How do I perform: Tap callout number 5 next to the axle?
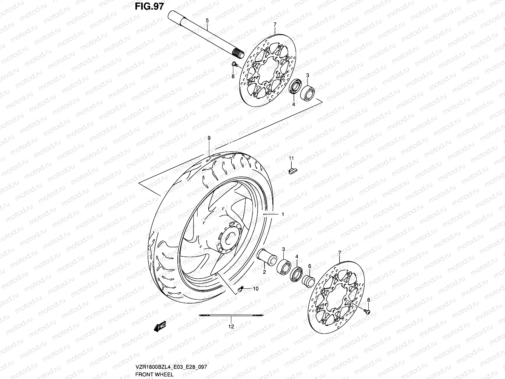tap(207, 20)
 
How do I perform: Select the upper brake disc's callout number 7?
tap(275, 24)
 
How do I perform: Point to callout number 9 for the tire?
tap(209, 138)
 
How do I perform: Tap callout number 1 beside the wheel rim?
tap(283, 214)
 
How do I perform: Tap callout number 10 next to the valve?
tap(255, 289)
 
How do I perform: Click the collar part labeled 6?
tap(308, 280)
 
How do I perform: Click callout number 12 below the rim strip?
tap(231, 326)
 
